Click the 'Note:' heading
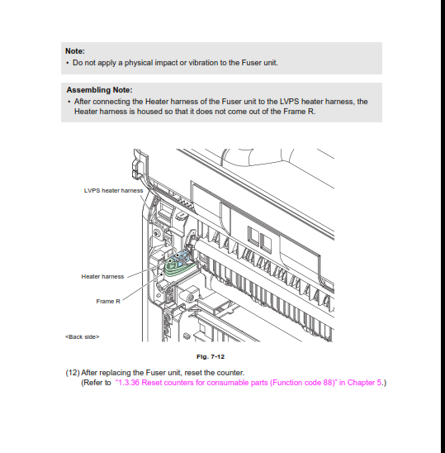click(x=75, y=51)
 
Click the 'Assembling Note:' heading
click(x=100, y=90)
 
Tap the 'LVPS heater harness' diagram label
click(x=113, y=191)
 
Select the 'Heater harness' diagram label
click(x=102, y=276)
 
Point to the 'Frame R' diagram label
click(x=108, y=302)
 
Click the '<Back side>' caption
click(x=83, y=337)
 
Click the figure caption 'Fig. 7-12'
click(x=211, y=357)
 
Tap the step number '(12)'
click(x=73, y=373)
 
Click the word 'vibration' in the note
click(x=203, y=63)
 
